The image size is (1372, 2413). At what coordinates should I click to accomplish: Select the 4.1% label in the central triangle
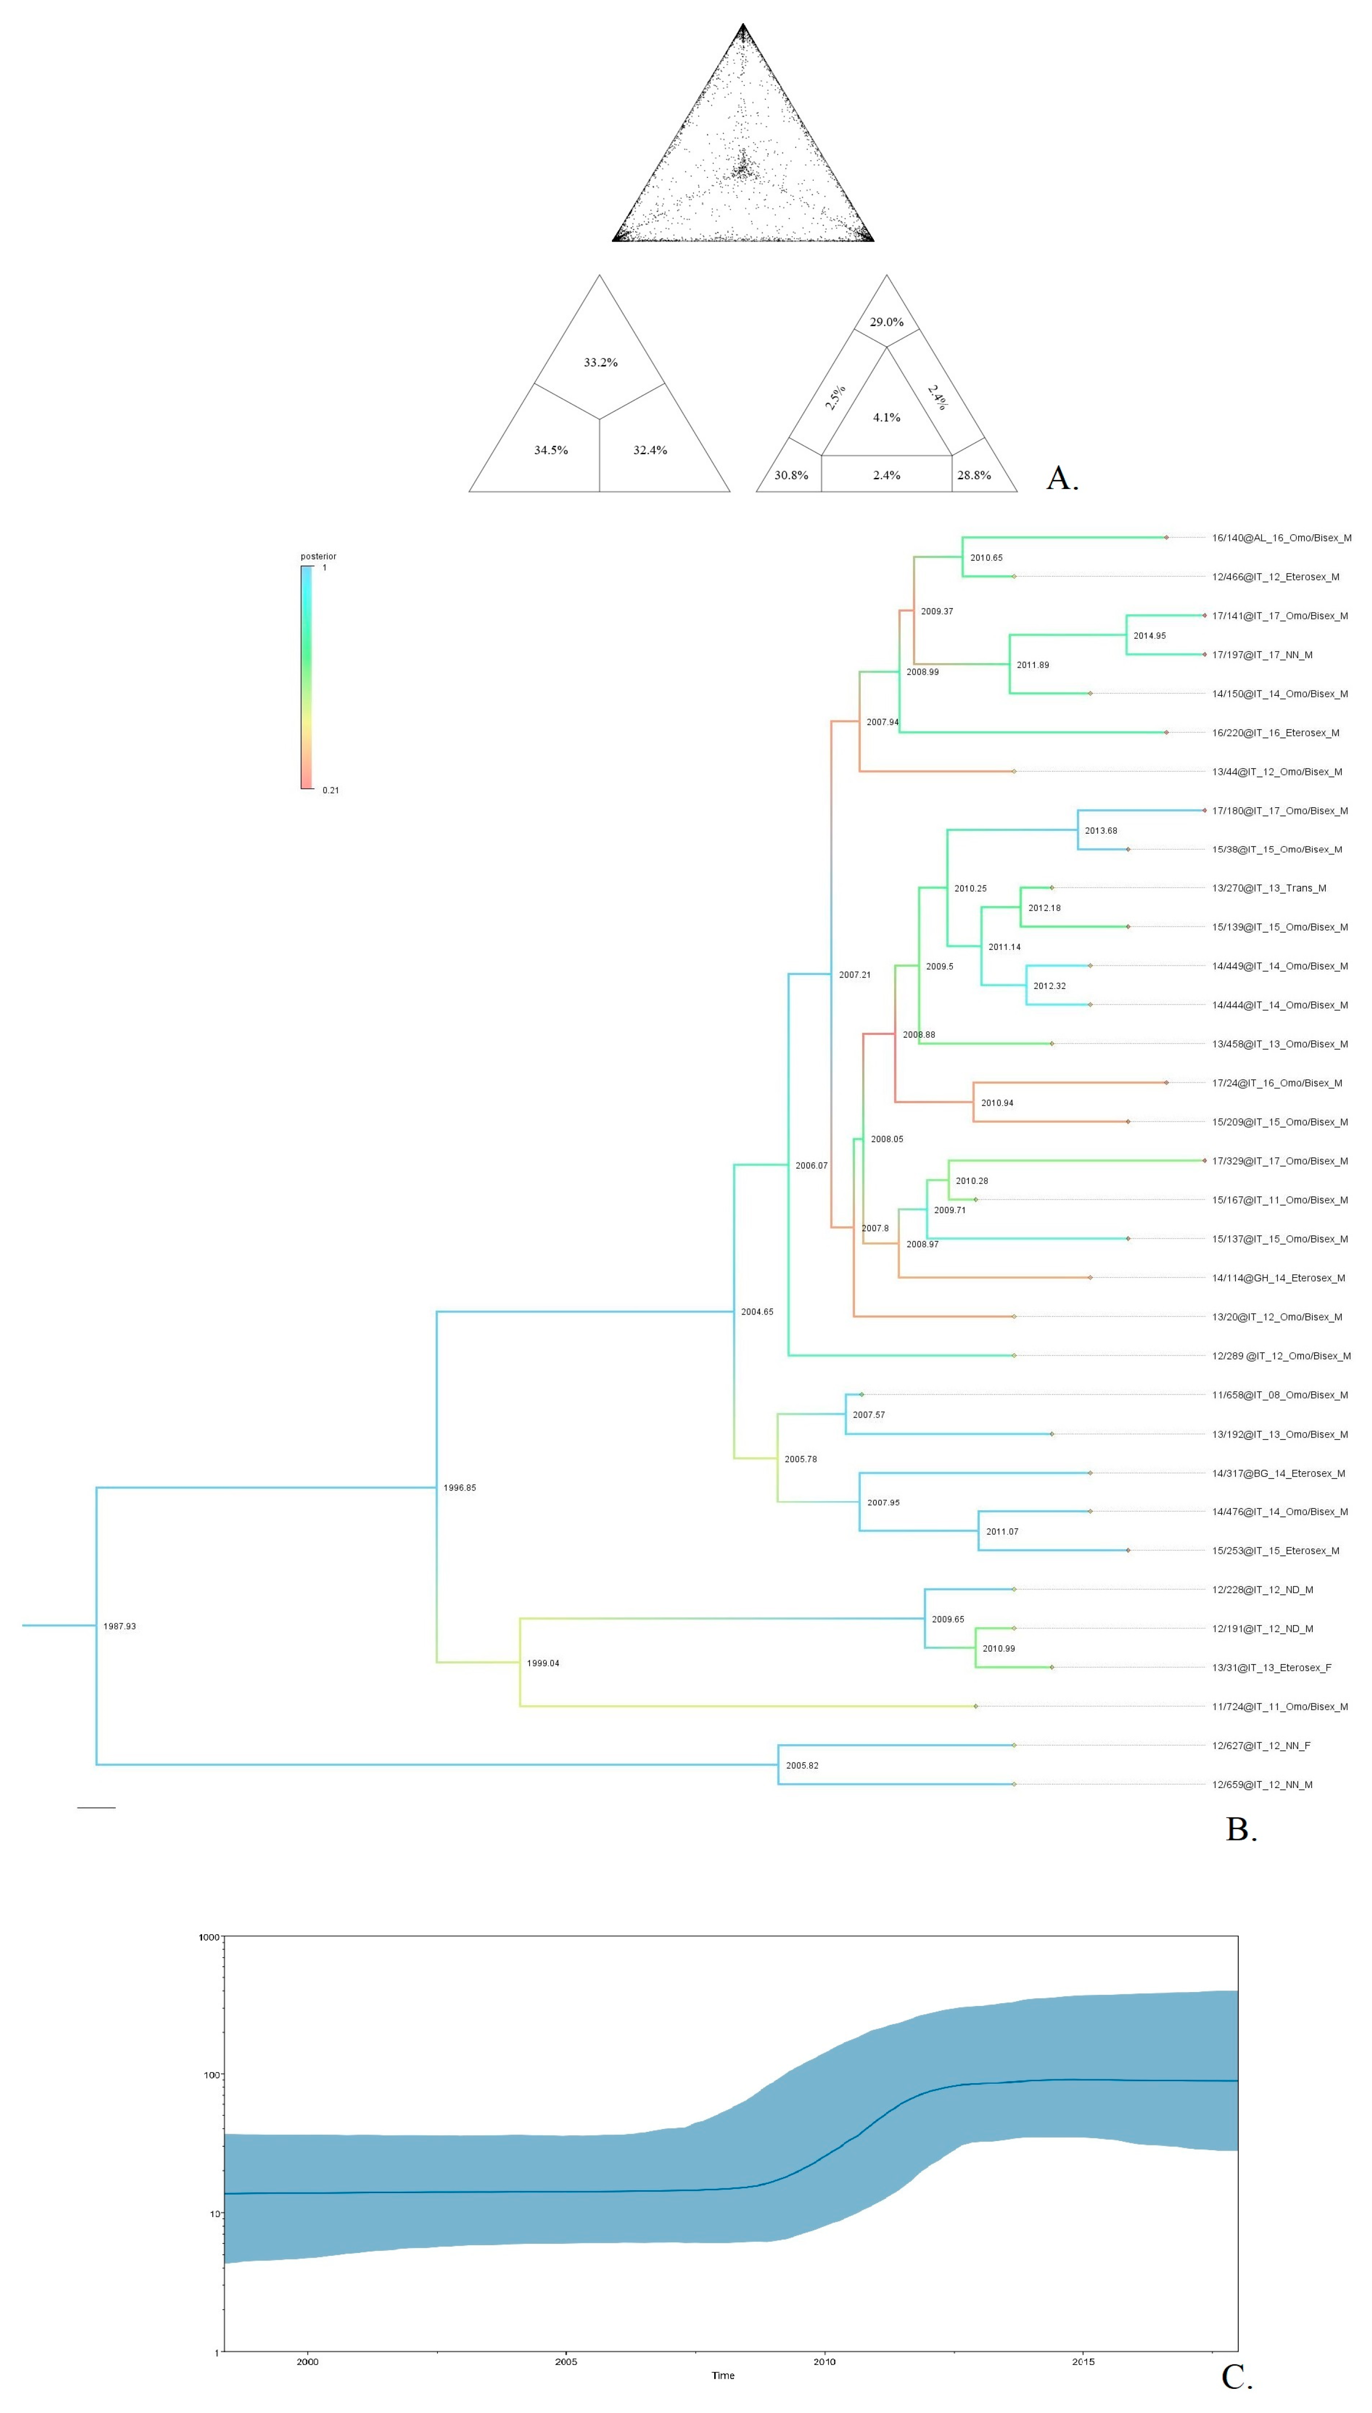tap(886, 418)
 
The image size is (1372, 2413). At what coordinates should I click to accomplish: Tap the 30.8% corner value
tap(790, 475)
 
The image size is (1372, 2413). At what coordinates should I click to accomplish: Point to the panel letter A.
tap(1062, 479)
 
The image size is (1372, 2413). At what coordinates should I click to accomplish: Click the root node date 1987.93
tap(120, 1626)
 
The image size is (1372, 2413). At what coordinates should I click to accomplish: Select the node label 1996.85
tap(460, 1488)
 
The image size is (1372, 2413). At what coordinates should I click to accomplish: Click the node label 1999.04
tap(543, 1663)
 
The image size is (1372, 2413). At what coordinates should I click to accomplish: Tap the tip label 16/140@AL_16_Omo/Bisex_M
tap(1280, 538)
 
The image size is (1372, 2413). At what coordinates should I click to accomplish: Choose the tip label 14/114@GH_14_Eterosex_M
tap(1278, 1278)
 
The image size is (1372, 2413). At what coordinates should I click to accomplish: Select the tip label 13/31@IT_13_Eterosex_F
tap(1271, 1667)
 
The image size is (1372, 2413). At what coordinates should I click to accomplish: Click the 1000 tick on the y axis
tap(208, 1937)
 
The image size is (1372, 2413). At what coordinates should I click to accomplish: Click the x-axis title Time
tap(723, 2375)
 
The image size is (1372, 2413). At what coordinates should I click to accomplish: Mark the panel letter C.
tap(1236, 2377)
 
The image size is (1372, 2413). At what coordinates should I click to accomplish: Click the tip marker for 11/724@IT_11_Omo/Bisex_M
tap(975, 1707)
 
